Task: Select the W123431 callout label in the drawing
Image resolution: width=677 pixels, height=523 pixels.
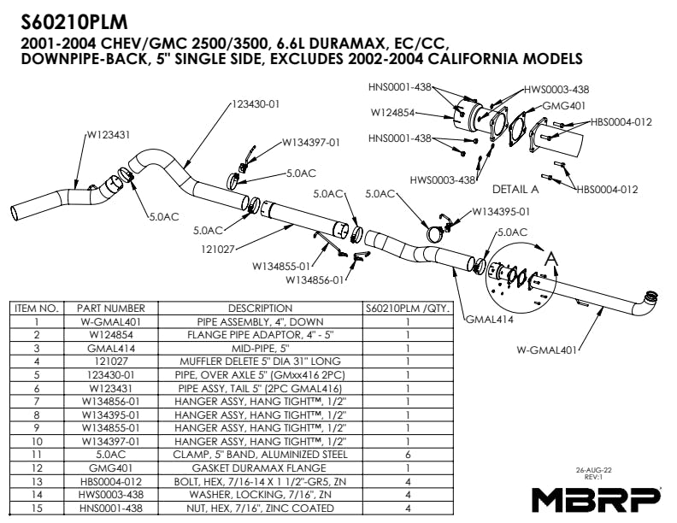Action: [x=109, y=135]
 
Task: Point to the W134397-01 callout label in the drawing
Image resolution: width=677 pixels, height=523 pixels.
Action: [x=311, y=143]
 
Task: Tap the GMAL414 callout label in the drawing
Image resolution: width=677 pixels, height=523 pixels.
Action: [x=488, y=320]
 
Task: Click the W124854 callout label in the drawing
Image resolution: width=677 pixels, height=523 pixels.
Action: [x=392, y=112]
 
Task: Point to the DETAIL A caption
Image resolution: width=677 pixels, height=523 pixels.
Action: [x=515, y=189]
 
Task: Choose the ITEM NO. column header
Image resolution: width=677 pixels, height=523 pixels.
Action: [x=37, y=308]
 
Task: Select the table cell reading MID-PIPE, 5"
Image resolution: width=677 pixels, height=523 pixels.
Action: [x=260, y=349]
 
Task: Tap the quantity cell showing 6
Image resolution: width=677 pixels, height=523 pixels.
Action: [x=407, y=456]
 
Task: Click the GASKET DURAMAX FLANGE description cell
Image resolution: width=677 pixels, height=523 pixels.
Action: [x=260, y=469]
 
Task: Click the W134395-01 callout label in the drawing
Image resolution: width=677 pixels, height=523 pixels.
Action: [x=502, y=212]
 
